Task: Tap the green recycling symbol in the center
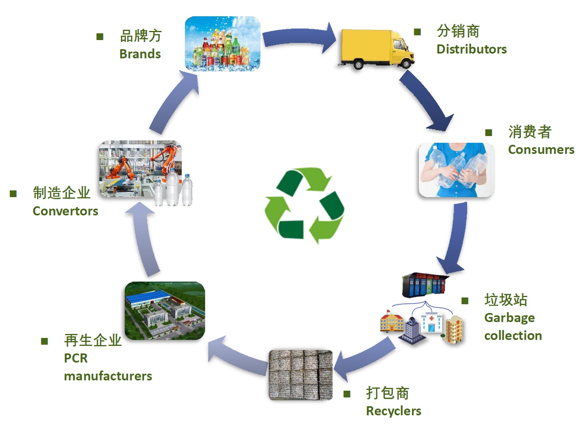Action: (304, 204)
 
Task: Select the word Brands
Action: (140, 54)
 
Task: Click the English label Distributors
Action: (471, 49)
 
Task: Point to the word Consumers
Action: (541, 150)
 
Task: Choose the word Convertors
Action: (65, 211)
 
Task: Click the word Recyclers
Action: (394, 411)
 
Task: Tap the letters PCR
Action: (76, 358)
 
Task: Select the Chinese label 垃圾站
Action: (506, 300)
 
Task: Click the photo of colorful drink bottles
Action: (223, 44)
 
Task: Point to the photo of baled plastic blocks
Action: (301, 375)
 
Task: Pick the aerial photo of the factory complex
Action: (165, 311)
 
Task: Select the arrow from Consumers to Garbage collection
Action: (455, 238)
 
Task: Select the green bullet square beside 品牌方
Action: (100, 37)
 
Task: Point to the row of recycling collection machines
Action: (425, 284)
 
